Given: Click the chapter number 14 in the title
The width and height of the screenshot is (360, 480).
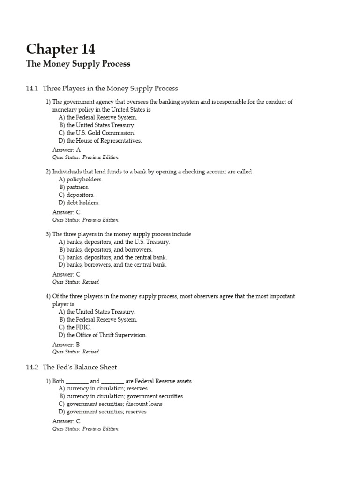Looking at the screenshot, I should [85, 49].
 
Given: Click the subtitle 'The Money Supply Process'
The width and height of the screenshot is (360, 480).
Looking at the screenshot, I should [78, 64].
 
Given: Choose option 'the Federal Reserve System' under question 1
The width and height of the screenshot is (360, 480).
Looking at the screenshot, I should [102, 117].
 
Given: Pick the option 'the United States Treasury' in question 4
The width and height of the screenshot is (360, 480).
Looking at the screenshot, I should [100, 312].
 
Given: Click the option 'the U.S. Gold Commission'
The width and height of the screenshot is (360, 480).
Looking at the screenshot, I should [100, 133].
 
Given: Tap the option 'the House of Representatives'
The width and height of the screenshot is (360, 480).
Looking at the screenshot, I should [104, 140].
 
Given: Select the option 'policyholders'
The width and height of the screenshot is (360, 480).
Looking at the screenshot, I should [84, 179].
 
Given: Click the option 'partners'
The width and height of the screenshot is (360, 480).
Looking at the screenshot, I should [77, 187].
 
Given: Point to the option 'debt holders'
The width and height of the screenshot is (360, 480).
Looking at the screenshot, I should [82, 202].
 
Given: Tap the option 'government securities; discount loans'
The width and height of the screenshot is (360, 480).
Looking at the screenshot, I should [114, 404].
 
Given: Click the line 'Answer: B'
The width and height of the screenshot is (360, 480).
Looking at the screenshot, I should [66, 344].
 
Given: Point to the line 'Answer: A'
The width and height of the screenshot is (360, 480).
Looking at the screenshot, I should [66, 150].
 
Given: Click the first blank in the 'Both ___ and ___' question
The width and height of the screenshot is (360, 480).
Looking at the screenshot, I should [77, 381].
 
